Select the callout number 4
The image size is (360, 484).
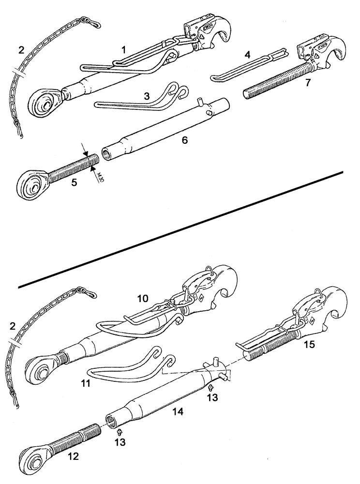pos(247,55)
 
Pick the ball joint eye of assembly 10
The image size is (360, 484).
pos(40,367)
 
